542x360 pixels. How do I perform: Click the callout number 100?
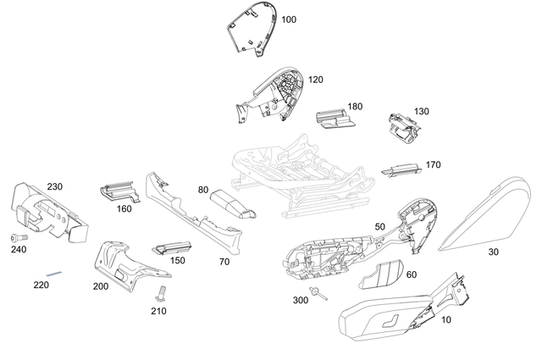[x=289, y=19]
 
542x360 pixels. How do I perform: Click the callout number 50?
[x=379, y=227]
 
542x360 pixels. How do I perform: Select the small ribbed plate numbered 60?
[x=389, y=275]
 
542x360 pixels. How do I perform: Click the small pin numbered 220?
[x=56, y=274]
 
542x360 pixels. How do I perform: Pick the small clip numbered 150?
[x=169, y=247]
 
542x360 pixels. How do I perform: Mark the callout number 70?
[x=224, y=263]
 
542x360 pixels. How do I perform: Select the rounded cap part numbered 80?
[x=233, y=203]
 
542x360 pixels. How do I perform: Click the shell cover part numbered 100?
[x=252, y=29]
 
